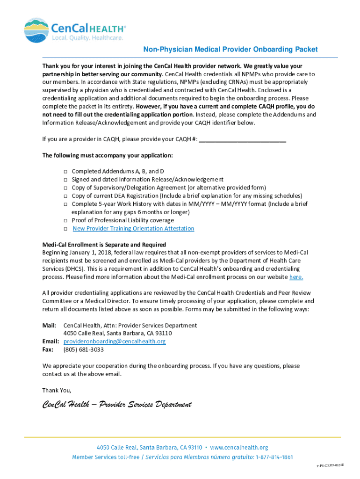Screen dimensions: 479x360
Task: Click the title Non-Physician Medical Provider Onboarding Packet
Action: pyautogui.click(x=230, y=49)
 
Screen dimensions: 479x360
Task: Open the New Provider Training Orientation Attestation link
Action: pyautogui.click(x=133, y=228)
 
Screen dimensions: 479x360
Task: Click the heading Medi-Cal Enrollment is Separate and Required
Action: pyautogui.click(x=104, y=245)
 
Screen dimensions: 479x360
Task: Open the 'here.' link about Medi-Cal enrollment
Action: pyautogui.click(x=296, y=277)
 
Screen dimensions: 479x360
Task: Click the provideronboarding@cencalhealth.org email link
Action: pyautogui.click(x=115, y=341)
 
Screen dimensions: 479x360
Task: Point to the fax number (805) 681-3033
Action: pyautogui.click(x=84, y=349)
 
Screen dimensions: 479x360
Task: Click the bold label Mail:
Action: pyautogui.click(x=49, y=325)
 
